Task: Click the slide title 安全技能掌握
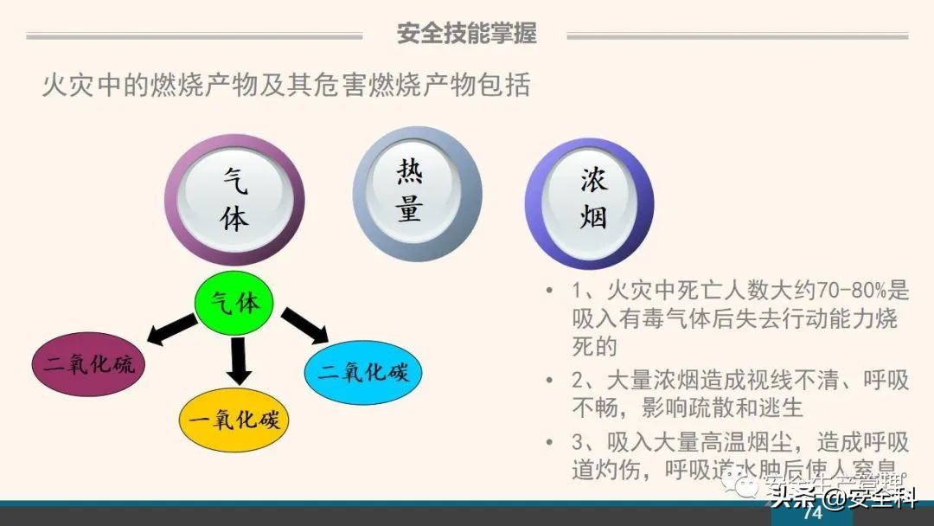pyautogui.click(x=466, y=34)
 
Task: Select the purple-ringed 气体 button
pyautogui.click(x=234, y=199)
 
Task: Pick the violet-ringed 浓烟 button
pyautogui.click(x=590, y=203)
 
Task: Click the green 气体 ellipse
pyautogui.click(x=234, y=304)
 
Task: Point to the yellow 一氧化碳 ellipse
pyautogui.click(x=234, y=420)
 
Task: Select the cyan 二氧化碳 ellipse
pyautogui.click(x=362, y=373)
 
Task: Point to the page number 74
pyautogui.click(x=812, y=513)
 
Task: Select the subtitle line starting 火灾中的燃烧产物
pyautogui.click(x=286, y=86)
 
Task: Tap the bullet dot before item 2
pyautogui.click(x=550, y=380)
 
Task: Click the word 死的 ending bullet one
pyautogui.click(x=594, y=347)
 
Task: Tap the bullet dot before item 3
pyautogui.click(x=550, y=442)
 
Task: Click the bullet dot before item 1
pyautogui.click(x=550, y=290)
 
